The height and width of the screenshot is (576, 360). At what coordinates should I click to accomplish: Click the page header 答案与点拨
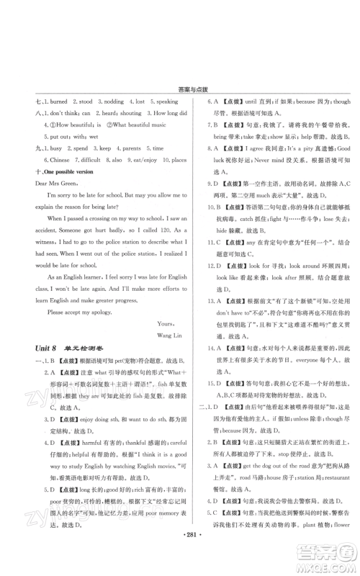[179, 90]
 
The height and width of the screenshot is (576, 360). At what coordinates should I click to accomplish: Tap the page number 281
[180, 557]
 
